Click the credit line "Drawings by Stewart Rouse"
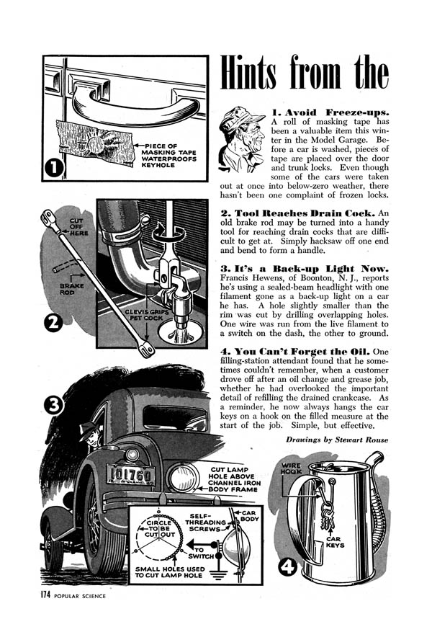point(336,439)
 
